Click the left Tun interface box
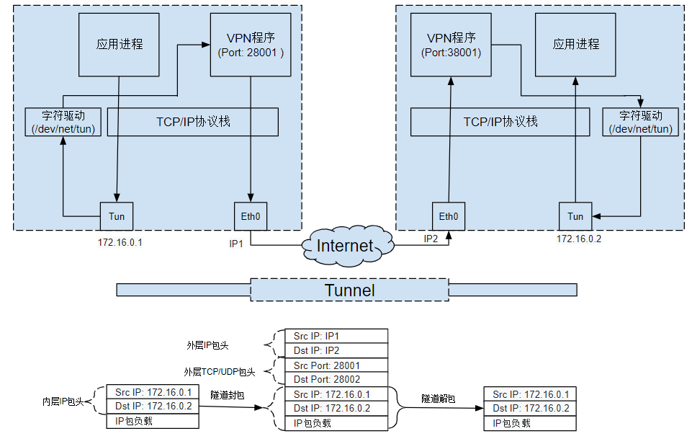coord(116,216)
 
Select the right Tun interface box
coord(575,216)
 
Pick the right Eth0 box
coord(449,216)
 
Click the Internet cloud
coord(346,246)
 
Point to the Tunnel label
coord(350,290)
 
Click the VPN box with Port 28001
coord(251,45)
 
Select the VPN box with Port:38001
coord(451,45)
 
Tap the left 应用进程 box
coord(120,45)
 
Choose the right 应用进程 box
coord(576,45)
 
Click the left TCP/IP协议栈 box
coord(193,122)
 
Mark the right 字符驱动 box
coord(640,122)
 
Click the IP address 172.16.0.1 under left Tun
coord(120,242)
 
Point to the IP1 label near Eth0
coord(237,244)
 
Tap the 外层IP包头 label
coord(207,345)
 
